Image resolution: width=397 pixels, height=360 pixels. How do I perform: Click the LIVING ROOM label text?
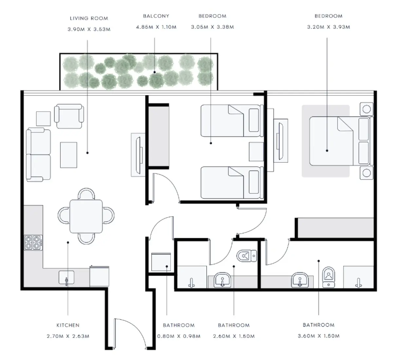pos(89,18)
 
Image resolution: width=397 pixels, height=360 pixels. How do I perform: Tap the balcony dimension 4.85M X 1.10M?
pos(156,27)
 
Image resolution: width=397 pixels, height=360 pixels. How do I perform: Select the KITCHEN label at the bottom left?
pos(68,325)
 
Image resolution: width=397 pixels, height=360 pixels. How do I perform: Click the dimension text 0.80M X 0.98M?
pos(179,336)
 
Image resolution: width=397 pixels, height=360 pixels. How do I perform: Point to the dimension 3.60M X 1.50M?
pos(318,336)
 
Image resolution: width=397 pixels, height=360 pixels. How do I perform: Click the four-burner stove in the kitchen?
pos(33,243)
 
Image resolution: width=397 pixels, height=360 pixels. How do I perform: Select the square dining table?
pos(86,216)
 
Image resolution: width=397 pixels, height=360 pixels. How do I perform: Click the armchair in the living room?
pos(69,117)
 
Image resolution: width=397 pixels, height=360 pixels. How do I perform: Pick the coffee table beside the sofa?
pos(68,155)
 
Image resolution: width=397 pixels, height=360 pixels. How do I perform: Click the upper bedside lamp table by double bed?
pos(366,109)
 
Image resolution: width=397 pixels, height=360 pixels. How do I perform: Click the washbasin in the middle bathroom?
pos(222,280)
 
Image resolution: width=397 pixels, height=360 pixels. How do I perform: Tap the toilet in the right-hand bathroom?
pos(329,277)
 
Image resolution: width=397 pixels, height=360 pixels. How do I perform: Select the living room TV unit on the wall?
pos(138,154)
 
